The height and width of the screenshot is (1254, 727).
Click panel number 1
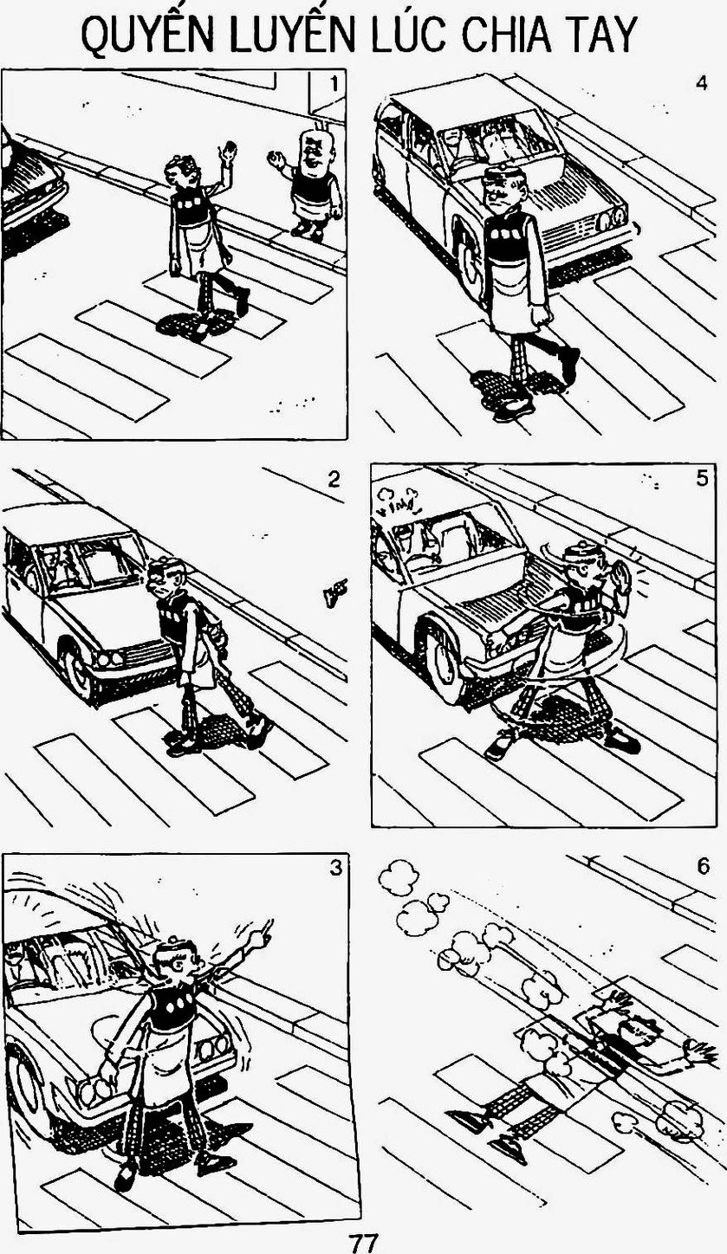pos(334,84)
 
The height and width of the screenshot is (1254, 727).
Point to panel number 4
pos(701,83)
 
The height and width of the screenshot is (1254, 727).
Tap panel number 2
pos(334,479)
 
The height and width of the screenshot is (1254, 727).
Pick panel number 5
pos(703,479)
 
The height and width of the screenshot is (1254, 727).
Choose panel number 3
pos(335,868)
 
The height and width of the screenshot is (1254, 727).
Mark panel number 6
pos(704,867)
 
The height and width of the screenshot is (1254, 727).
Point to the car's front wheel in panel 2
pos(77,672)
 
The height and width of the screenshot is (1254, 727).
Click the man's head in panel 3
pos(179,964)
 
